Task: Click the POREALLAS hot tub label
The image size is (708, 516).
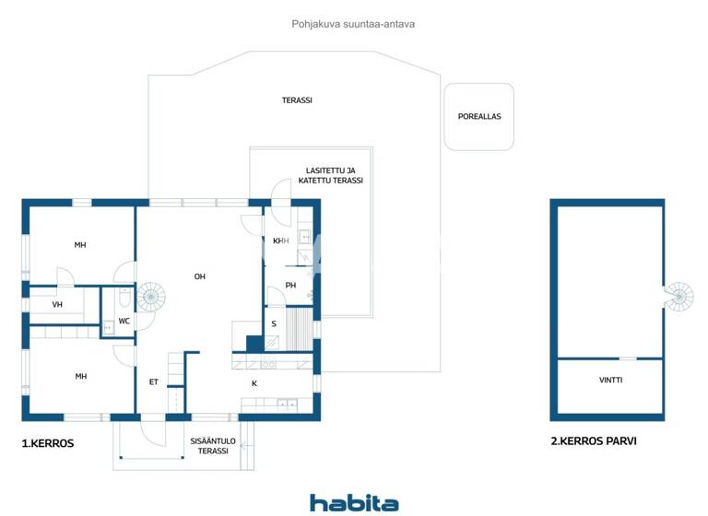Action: coord(479,117)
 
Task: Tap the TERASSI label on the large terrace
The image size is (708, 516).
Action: coord(297,100)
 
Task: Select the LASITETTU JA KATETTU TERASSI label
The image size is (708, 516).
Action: coord(330,175)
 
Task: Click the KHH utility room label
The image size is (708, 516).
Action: coord(280,240)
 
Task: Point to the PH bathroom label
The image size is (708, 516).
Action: coord(289,285)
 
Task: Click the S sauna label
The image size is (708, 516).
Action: coord(274,323)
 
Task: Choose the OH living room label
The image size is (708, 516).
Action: coord(199,276)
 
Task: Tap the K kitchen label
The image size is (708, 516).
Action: coord(254,383)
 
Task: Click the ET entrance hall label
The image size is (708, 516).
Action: coord(153,381)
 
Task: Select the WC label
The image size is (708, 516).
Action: coord(124,321)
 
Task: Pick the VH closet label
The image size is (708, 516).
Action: coord(57,304)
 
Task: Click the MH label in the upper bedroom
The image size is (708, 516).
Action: coord(80,245)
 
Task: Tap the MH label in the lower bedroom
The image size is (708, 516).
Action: coord(80,376)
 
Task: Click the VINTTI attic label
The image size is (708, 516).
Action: coord(610,380)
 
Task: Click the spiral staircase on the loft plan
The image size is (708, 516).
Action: coord(678,295)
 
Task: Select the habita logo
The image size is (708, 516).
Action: coord(354,503)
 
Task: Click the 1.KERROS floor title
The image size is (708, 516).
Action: coord(47,443)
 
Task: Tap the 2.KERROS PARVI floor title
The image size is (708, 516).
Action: coord(593,441)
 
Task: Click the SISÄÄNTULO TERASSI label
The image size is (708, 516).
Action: coord(213,446)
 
